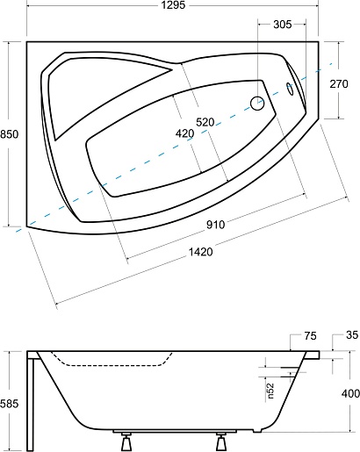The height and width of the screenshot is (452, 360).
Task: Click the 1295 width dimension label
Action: click(174, 5)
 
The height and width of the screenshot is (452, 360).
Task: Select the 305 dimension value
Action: click(283, 25)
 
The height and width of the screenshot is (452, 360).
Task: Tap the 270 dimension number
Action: click(339, 84)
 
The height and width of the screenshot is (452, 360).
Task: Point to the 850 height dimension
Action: click(9, 134)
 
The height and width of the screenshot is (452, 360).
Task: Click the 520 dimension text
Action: click(205, 122)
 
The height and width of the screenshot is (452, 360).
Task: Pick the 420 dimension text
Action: click(184, 133)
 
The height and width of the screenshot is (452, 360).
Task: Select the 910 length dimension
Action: click(216, 225)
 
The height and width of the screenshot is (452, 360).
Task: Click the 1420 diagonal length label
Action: click(200, 251)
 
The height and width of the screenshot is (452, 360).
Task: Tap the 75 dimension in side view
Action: click(310, 336)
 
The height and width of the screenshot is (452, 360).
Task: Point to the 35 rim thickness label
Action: click(352, 335)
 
